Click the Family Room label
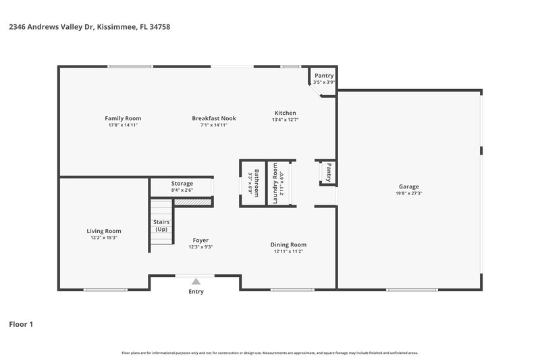tap(123, 118)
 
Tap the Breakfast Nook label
tap(213, 118)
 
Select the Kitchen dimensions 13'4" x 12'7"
tap(285, 120)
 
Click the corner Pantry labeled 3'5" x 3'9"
tap(324, 78)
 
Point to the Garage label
tap(408, 186)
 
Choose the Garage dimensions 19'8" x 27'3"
tap(408, 193)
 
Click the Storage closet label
tap(182, 183)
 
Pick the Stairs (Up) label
tap(161, 226)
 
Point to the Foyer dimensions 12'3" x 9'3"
tap(200, 247)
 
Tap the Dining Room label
tap(288, 245)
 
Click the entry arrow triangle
tap(196, 281)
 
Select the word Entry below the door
tap(196, 292)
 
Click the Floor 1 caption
tap(20, 324)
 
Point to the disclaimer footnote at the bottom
tap(269, 353)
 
